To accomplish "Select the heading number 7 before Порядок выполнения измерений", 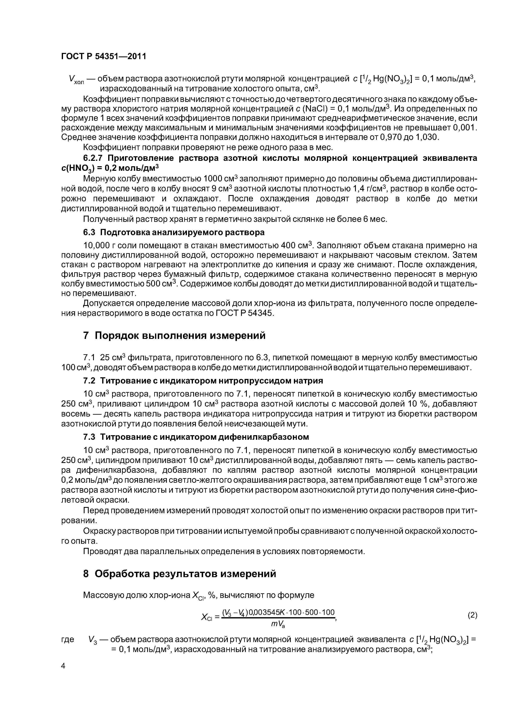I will (86, 335).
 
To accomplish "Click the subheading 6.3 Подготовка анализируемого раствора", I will (173, 232).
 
